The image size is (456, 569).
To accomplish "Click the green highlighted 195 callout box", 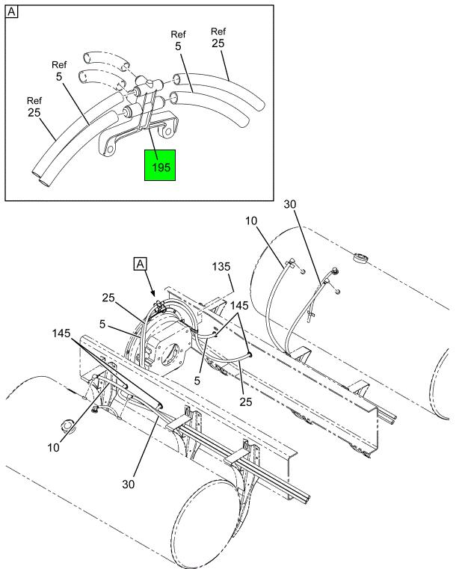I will tap(160, 165).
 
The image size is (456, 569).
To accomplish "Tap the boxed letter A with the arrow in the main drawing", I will tap(141, 263).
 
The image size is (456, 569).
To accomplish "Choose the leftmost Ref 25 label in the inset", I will tap(34, 108).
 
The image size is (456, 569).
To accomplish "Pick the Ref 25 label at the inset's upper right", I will tap(218, 38).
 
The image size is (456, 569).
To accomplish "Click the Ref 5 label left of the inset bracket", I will tap(59, 71).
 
